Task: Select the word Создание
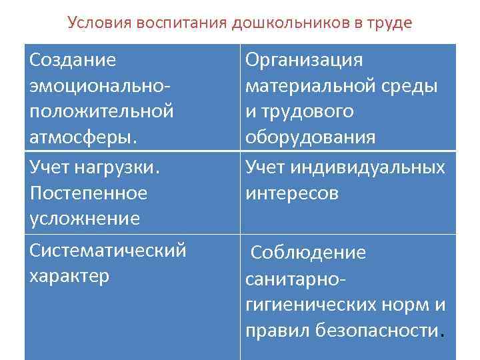[x=73, y=60]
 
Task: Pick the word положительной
[x=101, y=111]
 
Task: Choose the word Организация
[x=305, y=60]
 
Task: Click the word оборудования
[x=310, y=136]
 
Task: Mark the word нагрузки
[x=118, y=167]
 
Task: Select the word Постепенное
[x=88, y=193]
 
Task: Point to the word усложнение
[x=85, y=218]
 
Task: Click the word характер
[x=69, y=275]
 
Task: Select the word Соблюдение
[x=308, y=253]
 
